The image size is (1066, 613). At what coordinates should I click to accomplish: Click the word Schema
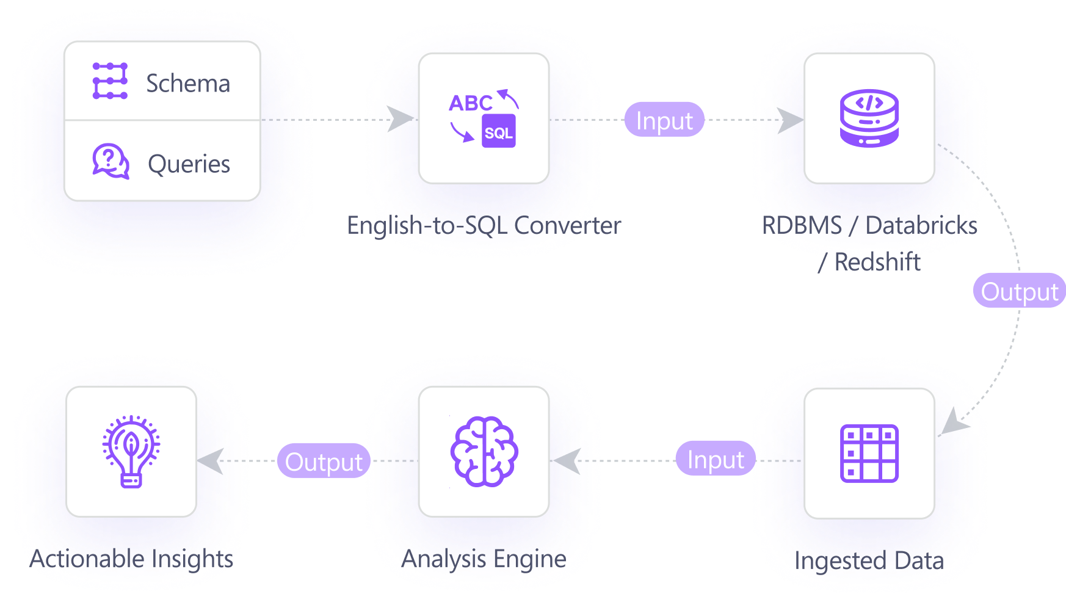coord(188,84)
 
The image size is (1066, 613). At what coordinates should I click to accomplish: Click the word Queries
coord(189,164)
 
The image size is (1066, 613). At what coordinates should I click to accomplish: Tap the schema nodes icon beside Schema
coord(110,81)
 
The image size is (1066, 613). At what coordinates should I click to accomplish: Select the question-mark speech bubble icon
coord(111,161)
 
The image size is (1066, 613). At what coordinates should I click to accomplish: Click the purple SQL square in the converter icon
coord(499,132)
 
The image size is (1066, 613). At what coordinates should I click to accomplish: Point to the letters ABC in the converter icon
coord(470,103)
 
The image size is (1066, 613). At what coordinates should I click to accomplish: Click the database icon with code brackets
coord(869,118)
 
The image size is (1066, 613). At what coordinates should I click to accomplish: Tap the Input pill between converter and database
coord(664,120)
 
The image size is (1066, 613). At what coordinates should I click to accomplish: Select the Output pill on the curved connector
coord(1019,291)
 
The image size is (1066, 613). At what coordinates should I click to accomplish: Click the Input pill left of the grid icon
coord(716,459)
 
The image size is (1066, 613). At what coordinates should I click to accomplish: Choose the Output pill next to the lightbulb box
coord(324,462)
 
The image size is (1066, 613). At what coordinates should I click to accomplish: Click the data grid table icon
coord(869,453)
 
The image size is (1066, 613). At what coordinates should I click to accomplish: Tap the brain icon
coord(484,452)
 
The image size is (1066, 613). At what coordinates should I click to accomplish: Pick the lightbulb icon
coord(131,452)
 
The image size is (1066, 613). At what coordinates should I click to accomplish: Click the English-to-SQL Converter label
coord(484,225)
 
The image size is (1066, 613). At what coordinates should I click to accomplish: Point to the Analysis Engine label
coord(484,559)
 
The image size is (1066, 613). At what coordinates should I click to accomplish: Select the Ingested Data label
coord(869,560)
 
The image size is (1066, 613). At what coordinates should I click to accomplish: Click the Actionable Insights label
coord(131,559)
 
